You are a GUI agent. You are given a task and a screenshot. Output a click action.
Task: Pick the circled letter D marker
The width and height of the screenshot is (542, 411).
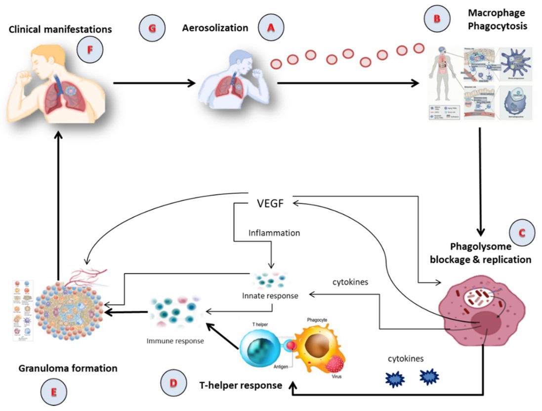tap(173, 382)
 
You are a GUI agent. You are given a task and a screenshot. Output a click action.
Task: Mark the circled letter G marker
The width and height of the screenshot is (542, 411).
tap(152, 29)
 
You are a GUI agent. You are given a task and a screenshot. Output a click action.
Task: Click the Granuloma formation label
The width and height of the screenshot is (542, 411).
tap(68, 368)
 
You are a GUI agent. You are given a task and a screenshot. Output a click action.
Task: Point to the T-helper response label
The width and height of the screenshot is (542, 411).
tap(240, 384)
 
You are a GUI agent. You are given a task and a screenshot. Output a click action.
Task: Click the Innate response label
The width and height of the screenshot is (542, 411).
tap(270, 296)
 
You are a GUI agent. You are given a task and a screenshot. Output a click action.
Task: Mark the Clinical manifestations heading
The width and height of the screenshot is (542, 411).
tap(60, 29)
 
